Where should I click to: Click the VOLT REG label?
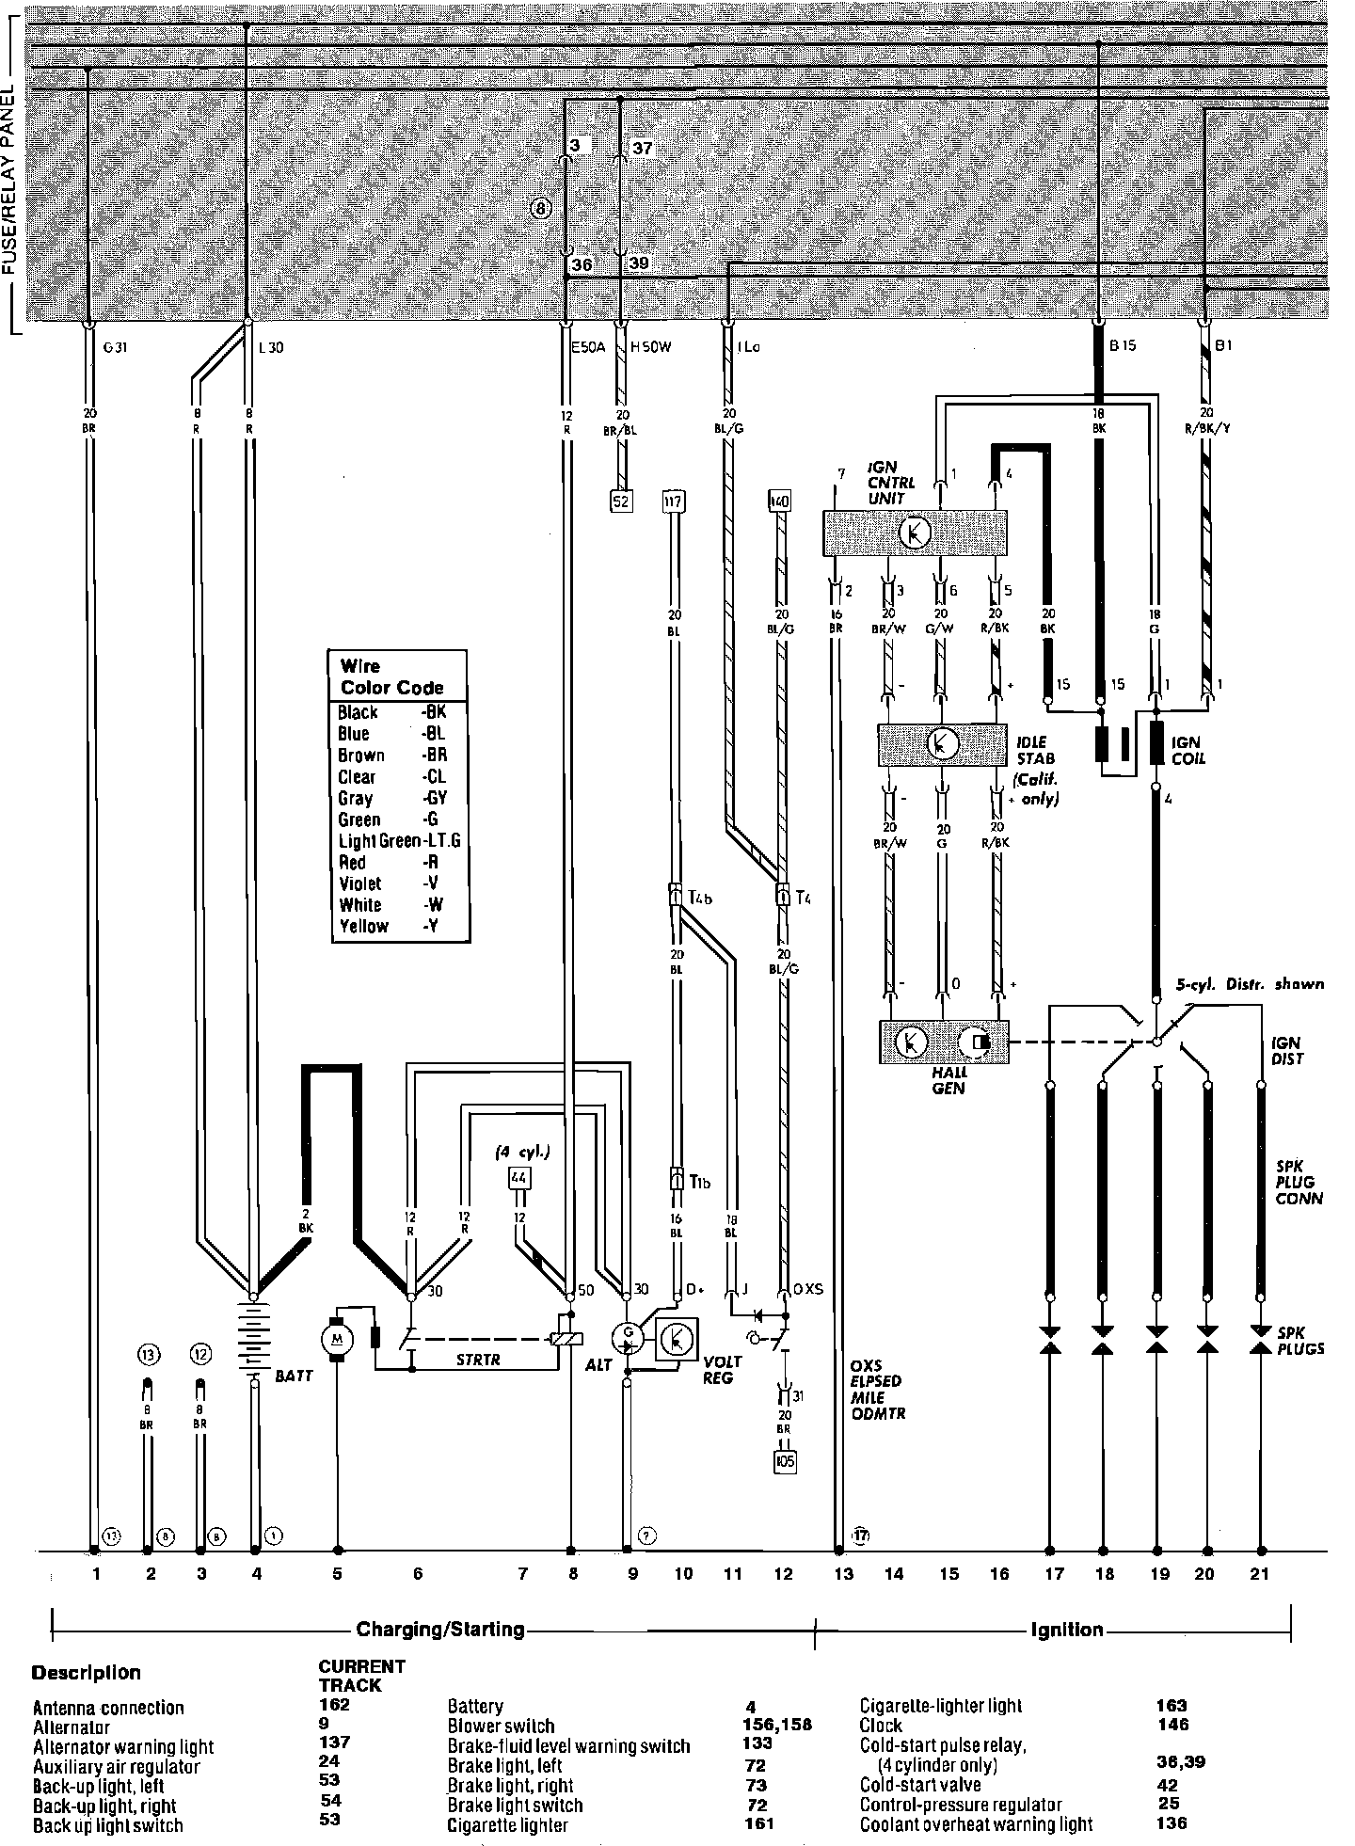tap(723, 1370)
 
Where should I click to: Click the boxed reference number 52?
tap(621, 501)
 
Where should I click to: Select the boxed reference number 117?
tap(674, 500)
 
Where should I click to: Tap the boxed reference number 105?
tap(784, 1461)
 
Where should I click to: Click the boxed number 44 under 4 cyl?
tap(518, 1177)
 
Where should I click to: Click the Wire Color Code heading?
tap(391, 676)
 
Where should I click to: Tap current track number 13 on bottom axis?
tap(843, 1572)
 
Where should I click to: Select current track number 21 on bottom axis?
tap(1259, 1572)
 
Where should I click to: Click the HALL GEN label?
tap(948, 1080)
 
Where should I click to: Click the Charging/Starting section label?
tap(439, 1630)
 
